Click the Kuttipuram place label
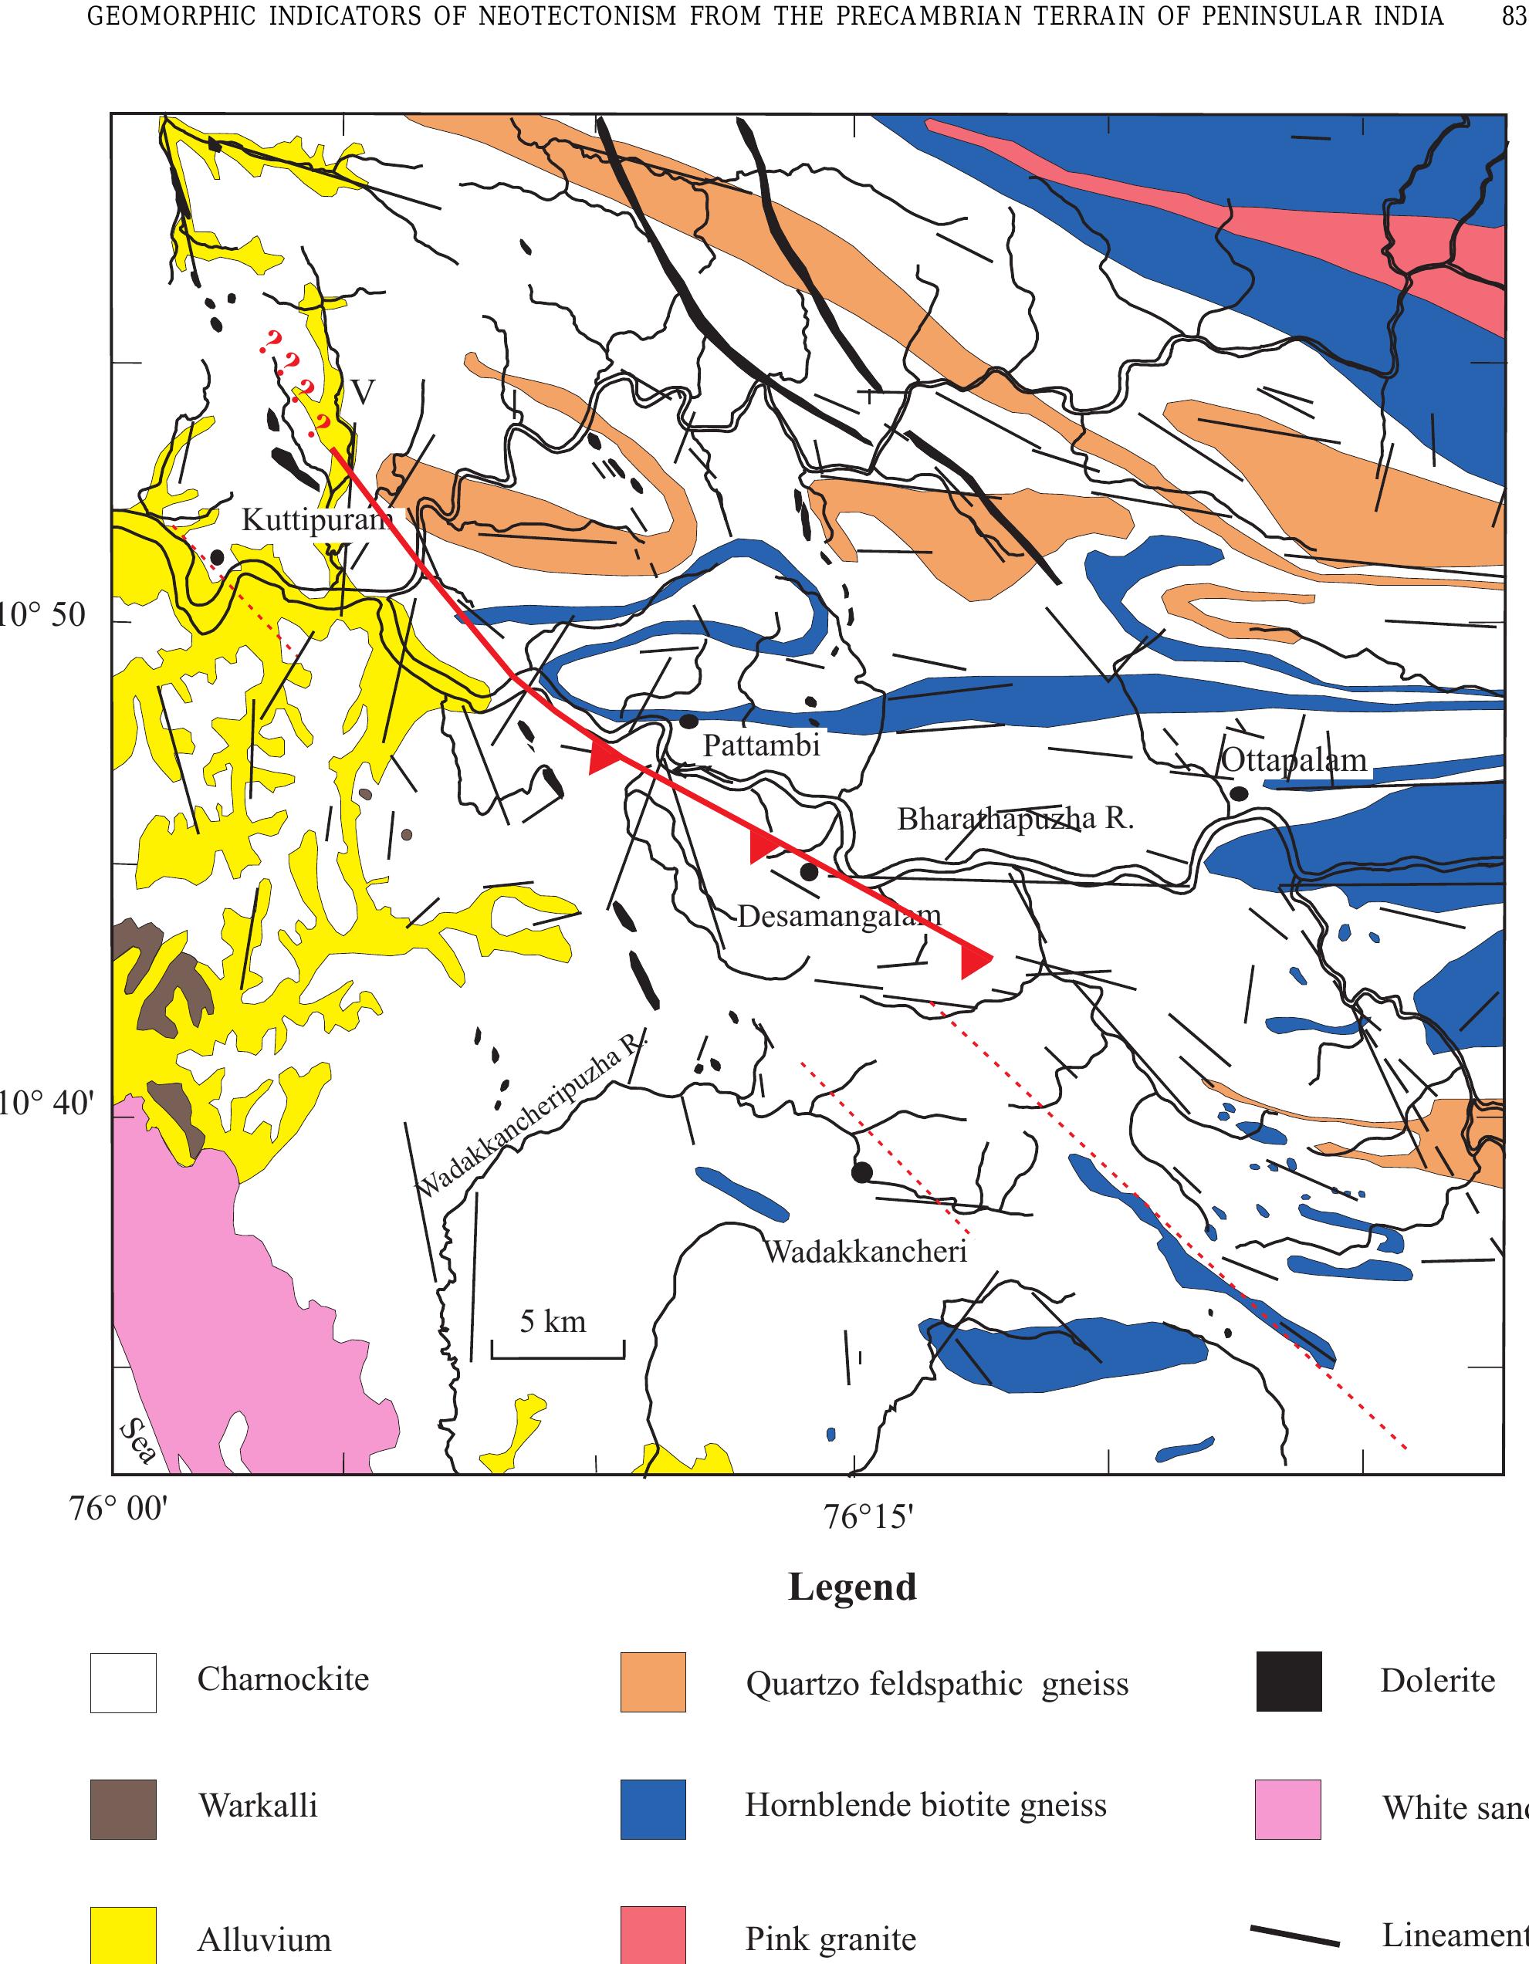pos(316,521)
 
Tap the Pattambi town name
pos(761,745)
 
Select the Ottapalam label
pos(1294,761)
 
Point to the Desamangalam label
pos(838,916)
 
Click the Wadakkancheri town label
pos(865,1251)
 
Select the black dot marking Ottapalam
pos(1239,793)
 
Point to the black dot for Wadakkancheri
pos(861,1171)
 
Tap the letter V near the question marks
pos(363,391)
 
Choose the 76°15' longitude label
pos(868,1519)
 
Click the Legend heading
pos(852,1587)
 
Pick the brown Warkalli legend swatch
pos(123,1808)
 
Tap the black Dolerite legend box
pos(1288,1681)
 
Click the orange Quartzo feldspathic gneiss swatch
pos(653,1682)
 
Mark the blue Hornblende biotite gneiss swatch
pos(653,1808)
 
